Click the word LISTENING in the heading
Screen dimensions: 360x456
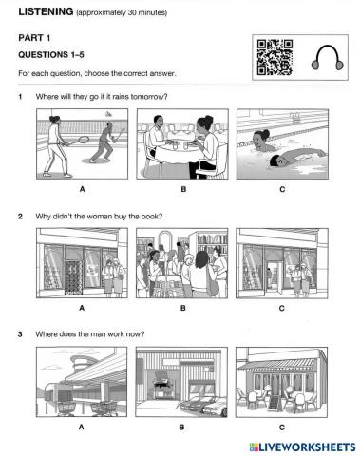(46, 11)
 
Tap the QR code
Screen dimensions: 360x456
(275, 57)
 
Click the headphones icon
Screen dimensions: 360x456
(327, 58)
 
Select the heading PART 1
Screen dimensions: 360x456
(34, 38)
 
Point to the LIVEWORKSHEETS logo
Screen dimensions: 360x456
(302, 446)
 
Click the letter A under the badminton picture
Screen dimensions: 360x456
(82, 189)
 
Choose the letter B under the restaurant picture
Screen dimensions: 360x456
(183, 189)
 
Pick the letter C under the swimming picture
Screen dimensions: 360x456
(282, 189)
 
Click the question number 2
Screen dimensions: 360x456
(20, 217)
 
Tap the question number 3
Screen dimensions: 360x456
(20, 334)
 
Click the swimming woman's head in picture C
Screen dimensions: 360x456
(260, 140)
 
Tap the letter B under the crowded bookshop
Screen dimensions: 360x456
(182, 308)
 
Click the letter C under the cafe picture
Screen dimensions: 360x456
(282, 427)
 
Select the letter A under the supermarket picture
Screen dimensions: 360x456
(82, 427)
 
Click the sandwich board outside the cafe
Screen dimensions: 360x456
(275, 404)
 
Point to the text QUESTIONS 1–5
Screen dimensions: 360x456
(51, 55)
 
